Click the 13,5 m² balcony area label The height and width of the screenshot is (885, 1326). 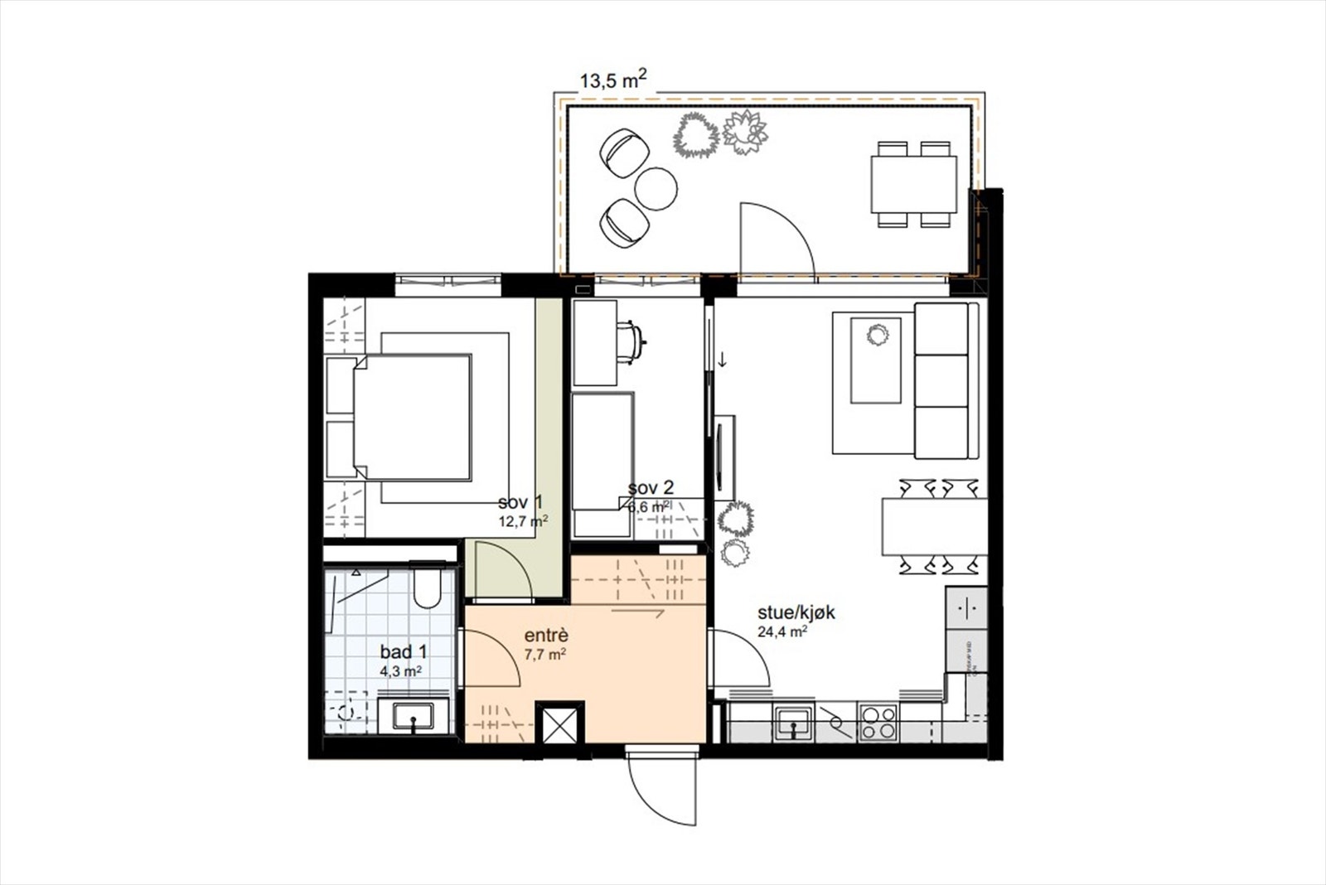612,80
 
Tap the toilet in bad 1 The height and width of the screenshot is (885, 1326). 429,589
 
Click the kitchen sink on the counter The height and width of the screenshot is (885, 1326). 794,722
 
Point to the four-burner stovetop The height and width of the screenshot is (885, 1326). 878,722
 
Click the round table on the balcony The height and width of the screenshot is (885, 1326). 656,189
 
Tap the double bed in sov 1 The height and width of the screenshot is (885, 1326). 412,417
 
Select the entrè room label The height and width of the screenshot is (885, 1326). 546,636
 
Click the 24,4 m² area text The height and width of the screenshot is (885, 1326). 782,632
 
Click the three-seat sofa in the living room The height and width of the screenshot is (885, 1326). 941,380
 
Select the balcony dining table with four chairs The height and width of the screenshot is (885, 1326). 914,185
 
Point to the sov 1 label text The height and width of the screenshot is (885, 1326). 520,503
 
